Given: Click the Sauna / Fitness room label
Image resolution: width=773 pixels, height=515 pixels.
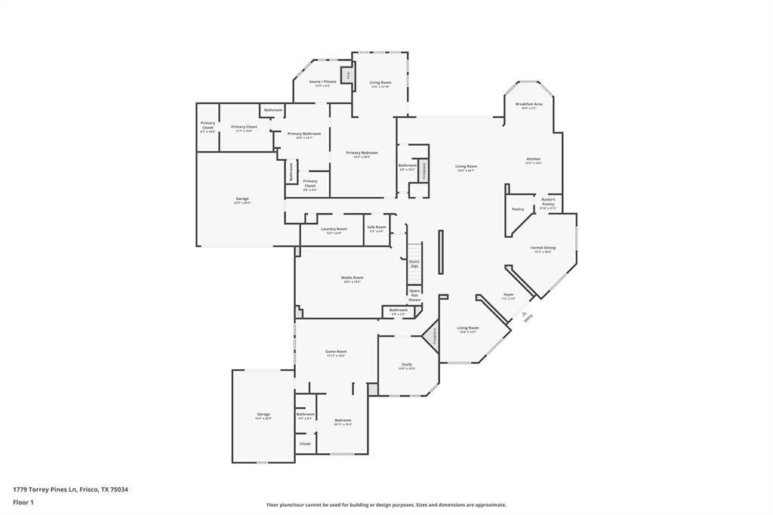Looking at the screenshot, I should (322, 82).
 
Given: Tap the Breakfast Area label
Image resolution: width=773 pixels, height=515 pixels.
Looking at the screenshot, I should (528, 104).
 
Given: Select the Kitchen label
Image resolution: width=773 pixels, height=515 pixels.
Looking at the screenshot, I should (533, 159).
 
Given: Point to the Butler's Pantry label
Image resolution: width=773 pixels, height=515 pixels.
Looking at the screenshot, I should (548, 202).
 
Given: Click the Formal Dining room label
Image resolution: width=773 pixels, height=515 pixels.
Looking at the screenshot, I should (543, 248).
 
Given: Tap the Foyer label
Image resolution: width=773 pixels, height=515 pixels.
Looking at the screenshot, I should (508, 295).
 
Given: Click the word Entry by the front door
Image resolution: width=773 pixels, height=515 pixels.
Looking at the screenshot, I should (528, 318).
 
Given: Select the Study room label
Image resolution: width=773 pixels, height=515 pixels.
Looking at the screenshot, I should (406, 365).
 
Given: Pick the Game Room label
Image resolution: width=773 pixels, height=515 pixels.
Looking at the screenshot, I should (336, 352).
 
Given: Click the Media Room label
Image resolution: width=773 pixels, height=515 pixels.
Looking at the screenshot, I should (352, 278).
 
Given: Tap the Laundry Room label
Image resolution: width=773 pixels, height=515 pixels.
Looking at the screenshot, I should (333, 229).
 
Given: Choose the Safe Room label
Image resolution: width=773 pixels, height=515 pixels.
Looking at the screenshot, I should (376, 227).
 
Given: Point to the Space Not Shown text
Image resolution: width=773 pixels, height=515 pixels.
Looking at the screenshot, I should (414, 295).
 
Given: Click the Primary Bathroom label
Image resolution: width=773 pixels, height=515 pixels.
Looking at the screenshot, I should (303, 134).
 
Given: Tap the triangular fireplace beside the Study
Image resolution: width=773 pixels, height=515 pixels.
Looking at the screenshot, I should (433, 335).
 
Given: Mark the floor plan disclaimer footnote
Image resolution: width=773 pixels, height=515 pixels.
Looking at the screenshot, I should (386, 505).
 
